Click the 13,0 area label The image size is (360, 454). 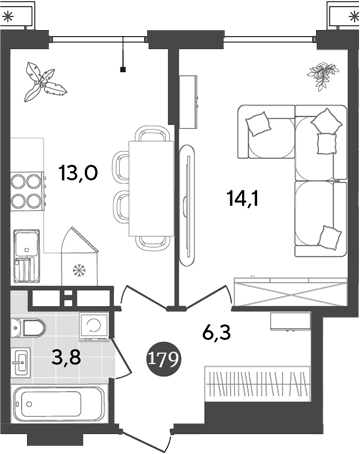[x=77, y=172]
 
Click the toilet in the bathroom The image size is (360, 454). [x=33, y=327]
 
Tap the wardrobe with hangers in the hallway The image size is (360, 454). [x=255, y=384]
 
